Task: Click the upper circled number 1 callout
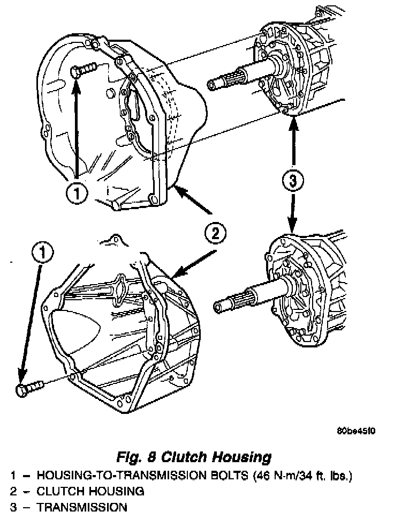pyautogui.click(x=78, y=192)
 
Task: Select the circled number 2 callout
pyautogui.click(x=215, y=233)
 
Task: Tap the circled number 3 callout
pyautogui.click(x=293, y=181)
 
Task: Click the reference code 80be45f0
pyautogui.click(x=357, y=431)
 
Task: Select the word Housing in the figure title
pyautogui.click(x=243, y=457)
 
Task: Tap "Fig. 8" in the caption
pyautogui.click(x=136, y=457)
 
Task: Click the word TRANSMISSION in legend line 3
pyautogui.click(x=82, y=507)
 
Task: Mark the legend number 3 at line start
pyautogui.click(x=12, y=507)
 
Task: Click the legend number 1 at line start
pyautogui.click(x=12, y=476)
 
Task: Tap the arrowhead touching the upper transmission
pyautogui.click(x=293, y=124)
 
